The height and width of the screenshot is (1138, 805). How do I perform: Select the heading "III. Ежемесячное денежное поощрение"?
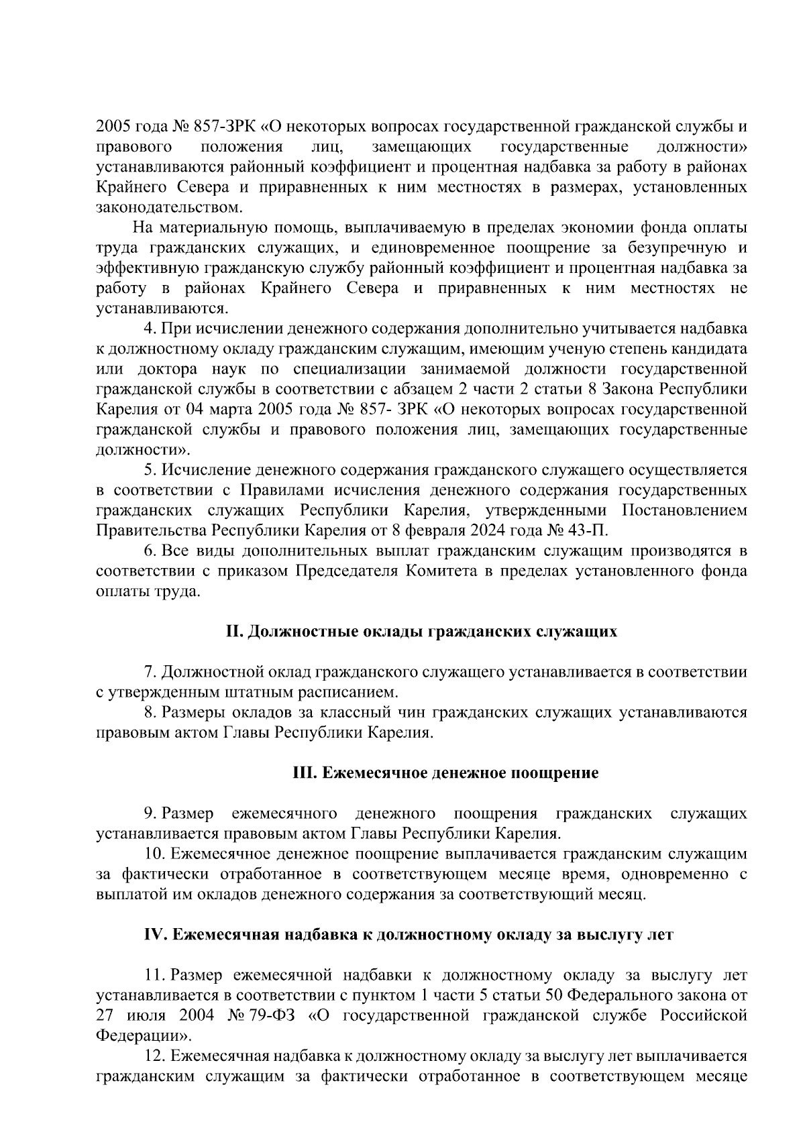(x=445, y=773)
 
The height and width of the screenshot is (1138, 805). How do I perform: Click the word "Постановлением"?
(x=684, y=511)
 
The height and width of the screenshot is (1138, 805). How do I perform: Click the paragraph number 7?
(x=150, y=672)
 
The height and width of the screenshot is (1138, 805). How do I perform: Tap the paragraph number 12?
(x=154, y=1056)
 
